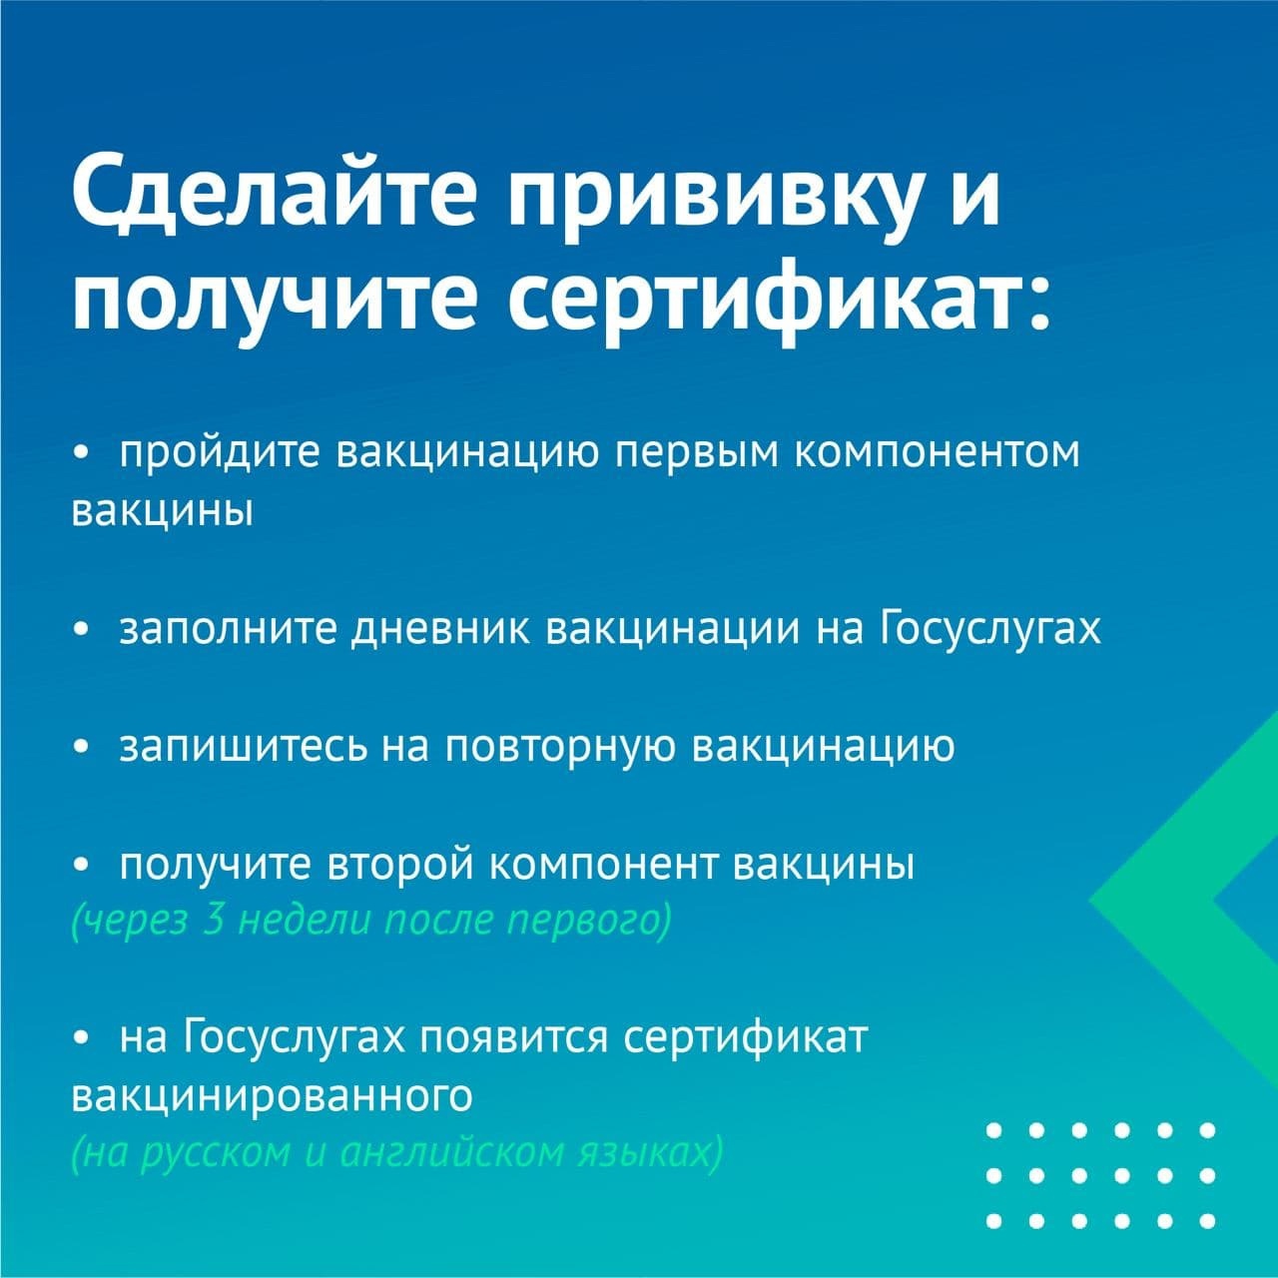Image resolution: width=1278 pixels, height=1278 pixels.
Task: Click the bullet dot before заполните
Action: [81, 631]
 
